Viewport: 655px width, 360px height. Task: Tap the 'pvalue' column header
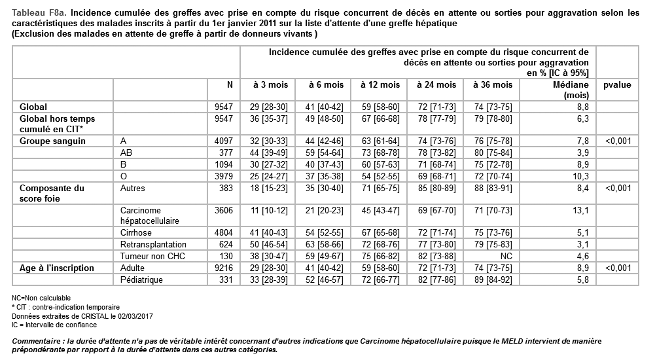point(618,85)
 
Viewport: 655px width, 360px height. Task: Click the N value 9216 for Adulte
point(224,268)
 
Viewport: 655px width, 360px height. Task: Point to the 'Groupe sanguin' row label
point(45,141)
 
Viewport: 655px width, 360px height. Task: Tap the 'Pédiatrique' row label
point(142,280)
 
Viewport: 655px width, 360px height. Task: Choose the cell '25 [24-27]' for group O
point(268,177)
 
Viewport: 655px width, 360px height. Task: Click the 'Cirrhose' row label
point(137,233)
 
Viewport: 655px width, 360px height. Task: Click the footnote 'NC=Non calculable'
point(42,298)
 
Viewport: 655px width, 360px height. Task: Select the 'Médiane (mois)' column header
point(571,90)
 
